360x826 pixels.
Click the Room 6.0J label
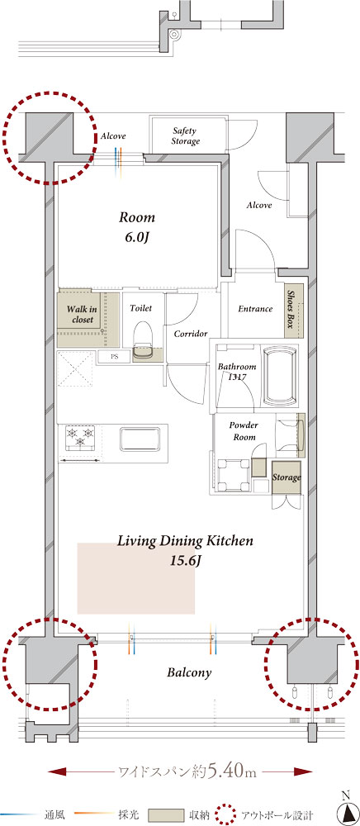pos(137,227)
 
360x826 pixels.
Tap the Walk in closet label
pos(80,315)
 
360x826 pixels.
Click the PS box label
pos(114,357)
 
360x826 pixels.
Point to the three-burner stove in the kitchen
pos(79,438)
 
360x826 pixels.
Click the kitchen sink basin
pos(140,439)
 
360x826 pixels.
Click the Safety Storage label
pos(186,136)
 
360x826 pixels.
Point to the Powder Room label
pos(243,430)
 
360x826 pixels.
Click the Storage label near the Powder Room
pos(287,477)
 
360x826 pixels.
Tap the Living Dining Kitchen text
pos(185,541)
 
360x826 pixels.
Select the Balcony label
pos(189,672)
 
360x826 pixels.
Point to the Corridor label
pos(190,334)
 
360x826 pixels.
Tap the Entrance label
pos(255,309)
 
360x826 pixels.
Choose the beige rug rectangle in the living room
pos(136,578)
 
